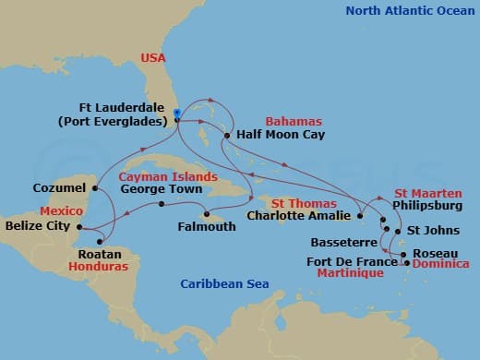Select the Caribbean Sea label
[x=224, y=283]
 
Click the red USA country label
[x=153, y=57]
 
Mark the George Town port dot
[x=161, y=204]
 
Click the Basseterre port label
[x=346, y=236]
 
